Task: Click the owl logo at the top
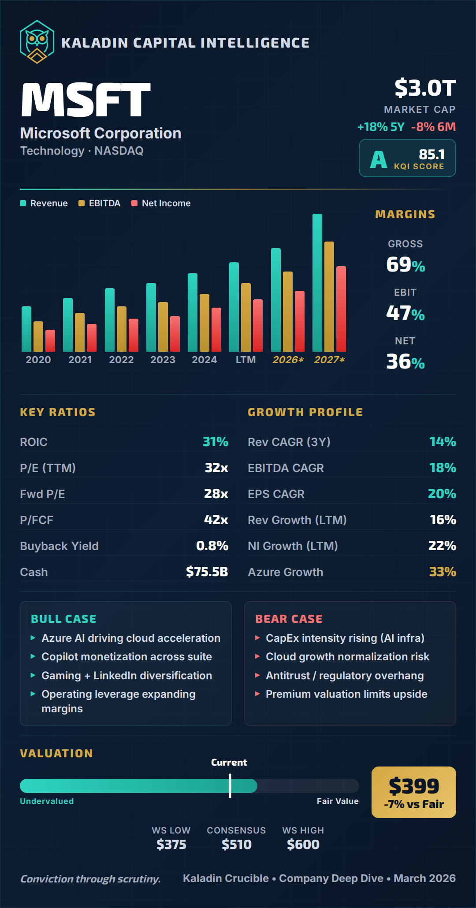(37, 42)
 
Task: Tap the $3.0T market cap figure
(425, 88)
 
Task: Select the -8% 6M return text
(433, 127)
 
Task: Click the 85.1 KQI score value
(431, 154)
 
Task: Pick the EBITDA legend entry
(100, 203)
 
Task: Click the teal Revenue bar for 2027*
(317, 282)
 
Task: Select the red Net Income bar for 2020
(50, 340)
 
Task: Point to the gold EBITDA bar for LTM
(246, 317)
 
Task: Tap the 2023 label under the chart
(163, 360)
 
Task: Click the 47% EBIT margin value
(405, 313)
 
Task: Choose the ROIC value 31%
(215, 442)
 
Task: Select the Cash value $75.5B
(207, 572)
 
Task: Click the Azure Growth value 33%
(443, 572)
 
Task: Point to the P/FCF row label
(37, 520)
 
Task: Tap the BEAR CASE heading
(289, 619)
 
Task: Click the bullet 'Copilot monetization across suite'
(126, 657)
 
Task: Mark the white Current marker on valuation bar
(230, 786)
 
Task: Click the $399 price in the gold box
(414, 786)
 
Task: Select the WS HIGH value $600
(303, 845)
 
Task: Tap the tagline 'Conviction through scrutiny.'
(90, 879)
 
